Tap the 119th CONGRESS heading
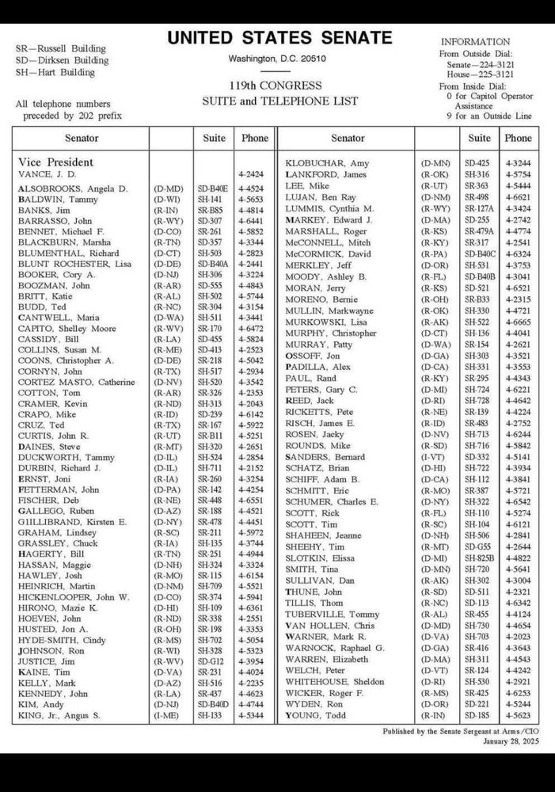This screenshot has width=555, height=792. [277, 86]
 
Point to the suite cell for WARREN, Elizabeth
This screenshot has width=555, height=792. [477, 659]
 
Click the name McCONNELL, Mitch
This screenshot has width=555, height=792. [328, 242]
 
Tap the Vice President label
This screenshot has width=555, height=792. [55, 162]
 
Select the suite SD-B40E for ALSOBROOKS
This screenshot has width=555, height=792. [212, 188]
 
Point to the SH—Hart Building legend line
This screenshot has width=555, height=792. [55, 72]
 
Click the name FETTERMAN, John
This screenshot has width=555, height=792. [59, 490]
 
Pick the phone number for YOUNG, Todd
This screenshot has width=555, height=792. [518, 716]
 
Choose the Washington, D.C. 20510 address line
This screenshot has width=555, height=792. [277, 59]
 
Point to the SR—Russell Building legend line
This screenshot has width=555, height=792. [60, 48]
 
